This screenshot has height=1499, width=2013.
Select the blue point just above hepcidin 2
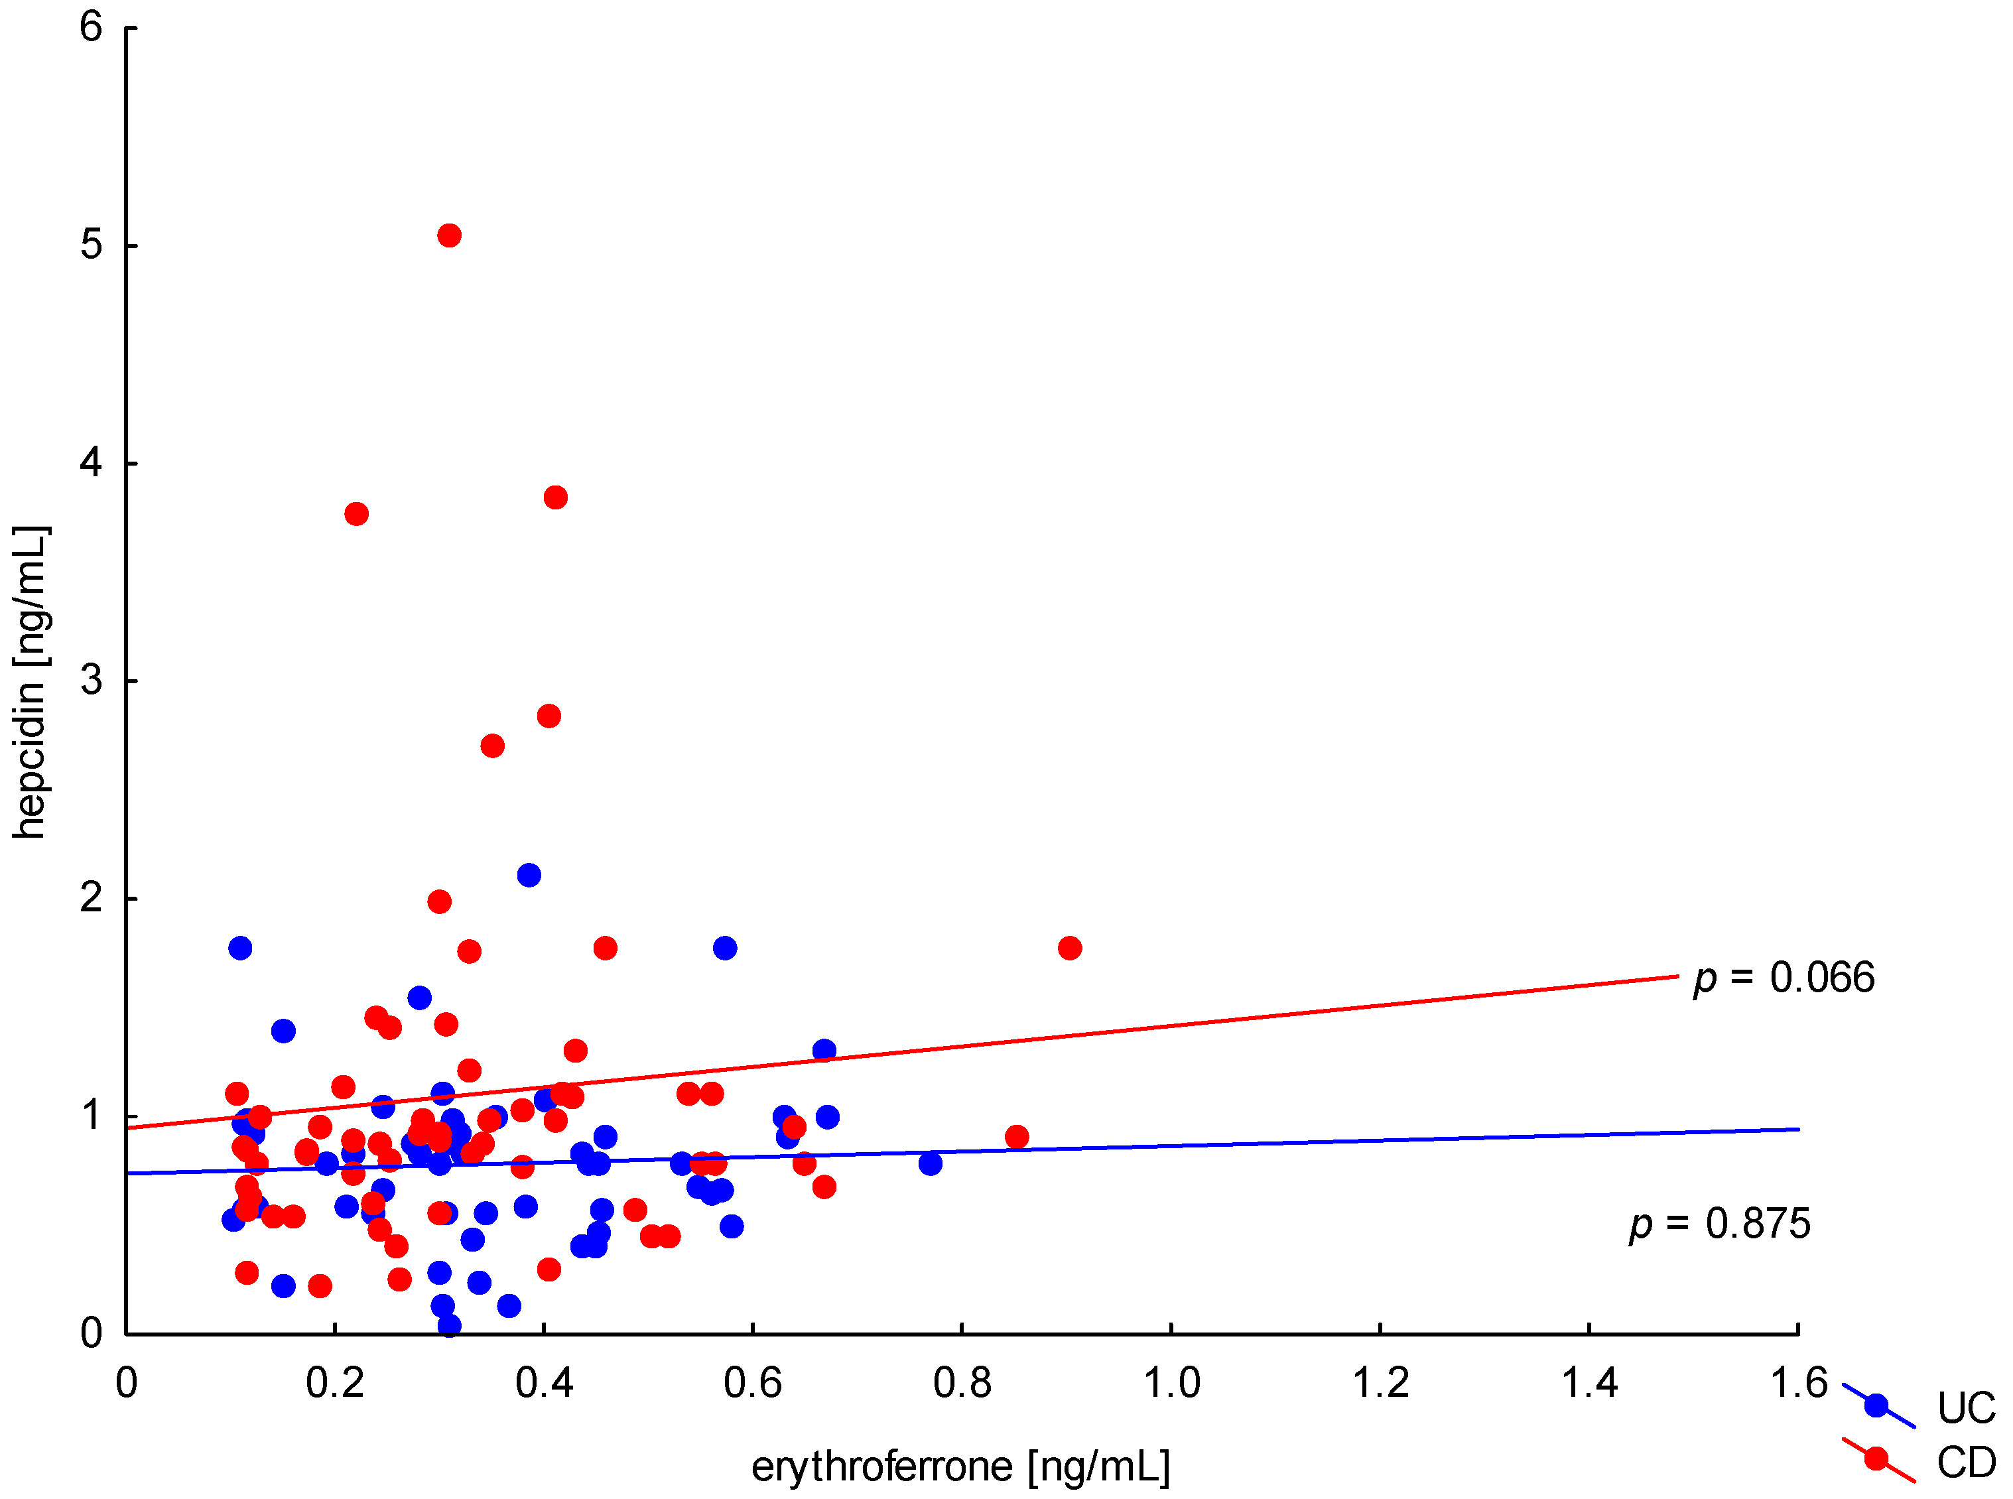pyautogui.click(x=529, y=876)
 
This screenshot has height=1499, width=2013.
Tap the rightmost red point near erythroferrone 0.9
pyautogui.click(x=1070, y=948)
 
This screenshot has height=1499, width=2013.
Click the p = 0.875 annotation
pyautogui.click(x=1719, y=1224)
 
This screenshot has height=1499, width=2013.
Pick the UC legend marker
pyautogui.click(x=1876, y=1406)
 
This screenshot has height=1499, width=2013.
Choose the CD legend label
pyautogui.click(x=1966, y=1463)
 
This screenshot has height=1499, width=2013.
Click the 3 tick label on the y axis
pyautogui.click(x=91, y=681)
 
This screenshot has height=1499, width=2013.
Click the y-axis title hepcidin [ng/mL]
pyautogui.click(x=29, y=683)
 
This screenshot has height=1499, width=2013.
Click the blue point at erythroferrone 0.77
pyautogui.click(x=930, y=1164)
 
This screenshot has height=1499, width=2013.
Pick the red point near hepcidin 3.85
pyautogui.click(x=556, y=498)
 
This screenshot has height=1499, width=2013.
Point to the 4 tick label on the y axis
pyautogui.click(x=91, y=463)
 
